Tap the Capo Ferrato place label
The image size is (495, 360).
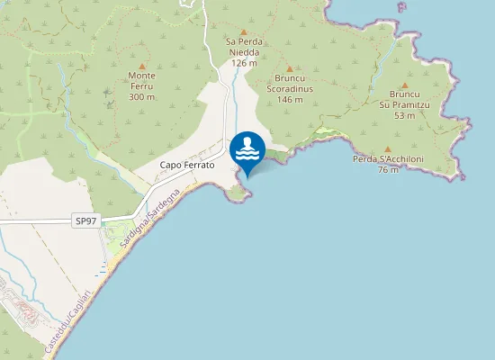point(186,166)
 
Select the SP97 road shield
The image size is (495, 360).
point(85,220)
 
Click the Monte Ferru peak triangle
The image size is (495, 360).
point(141,66)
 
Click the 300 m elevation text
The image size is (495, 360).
point(141,97)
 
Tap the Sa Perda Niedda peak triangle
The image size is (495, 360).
point(243,31)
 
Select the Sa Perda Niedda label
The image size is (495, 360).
point(243,47)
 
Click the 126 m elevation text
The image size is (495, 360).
point(243,63)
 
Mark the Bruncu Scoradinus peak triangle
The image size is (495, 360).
point(290,68)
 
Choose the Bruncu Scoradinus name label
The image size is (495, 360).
point(290,84)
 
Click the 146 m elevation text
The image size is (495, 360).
point(290,99)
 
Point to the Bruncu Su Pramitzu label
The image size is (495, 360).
point(404,99)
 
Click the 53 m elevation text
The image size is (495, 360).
point(404,115)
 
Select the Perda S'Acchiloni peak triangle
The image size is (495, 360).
point(388,148)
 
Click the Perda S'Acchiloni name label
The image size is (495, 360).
point(388,159)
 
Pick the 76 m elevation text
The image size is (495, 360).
point(388,170)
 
